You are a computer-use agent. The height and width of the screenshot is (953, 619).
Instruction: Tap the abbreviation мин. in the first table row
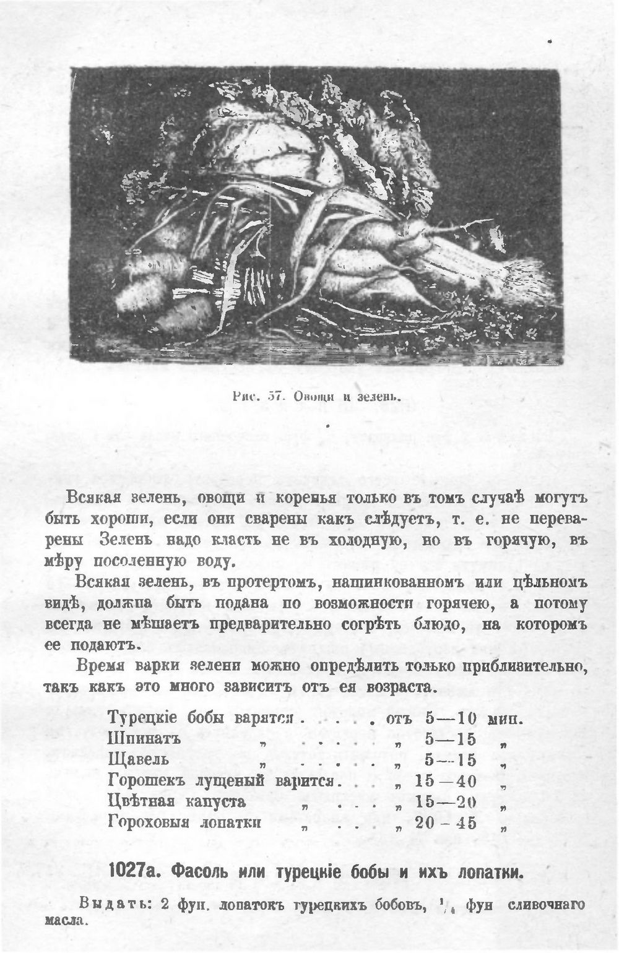(506, 719)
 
